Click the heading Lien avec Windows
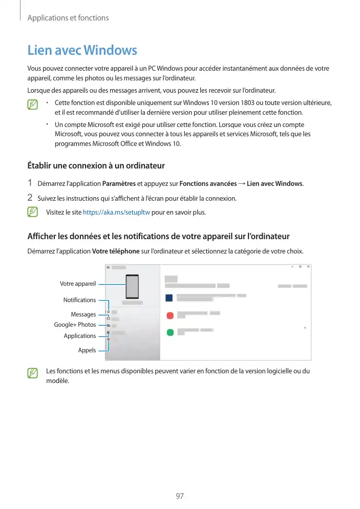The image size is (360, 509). click(x=82, y=51)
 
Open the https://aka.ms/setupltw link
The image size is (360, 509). click(x=116, y=212)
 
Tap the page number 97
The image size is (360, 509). click(x=180, y=496)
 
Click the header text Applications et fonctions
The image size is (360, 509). click(x=68, y=18)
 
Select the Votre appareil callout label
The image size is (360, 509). click(x=78, y=284)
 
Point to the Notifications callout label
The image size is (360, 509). click(x=79, y=300)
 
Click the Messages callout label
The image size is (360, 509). click(x=83, y=314)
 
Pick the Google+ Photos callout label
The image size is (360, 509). click(x=75, y=325)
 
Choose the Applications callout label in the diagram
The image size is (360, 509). click(x=79, y=336)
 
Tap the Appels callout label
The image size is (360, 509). click(x=87, y=350)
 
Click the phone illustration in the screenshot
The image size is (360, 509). click(x=133, y=287)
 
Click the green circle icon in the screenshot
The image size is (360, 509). click(x=169, y=332)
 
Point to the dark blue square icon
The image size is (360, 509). click(x=169, y=298)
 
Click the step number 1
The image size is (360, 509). click(x=30, y=183)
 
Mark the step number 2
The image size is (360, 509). click(x=30, y=198)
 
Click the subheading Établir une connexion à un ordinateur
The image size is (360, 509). click(x=95, y=165)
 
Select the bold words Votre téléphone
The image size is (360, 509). click(x=115, y=251)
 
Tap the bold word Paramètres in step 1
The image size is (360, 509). click(x=119, y=183)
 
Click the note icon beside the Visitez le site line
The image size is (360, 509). click(x=33, y=212)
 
